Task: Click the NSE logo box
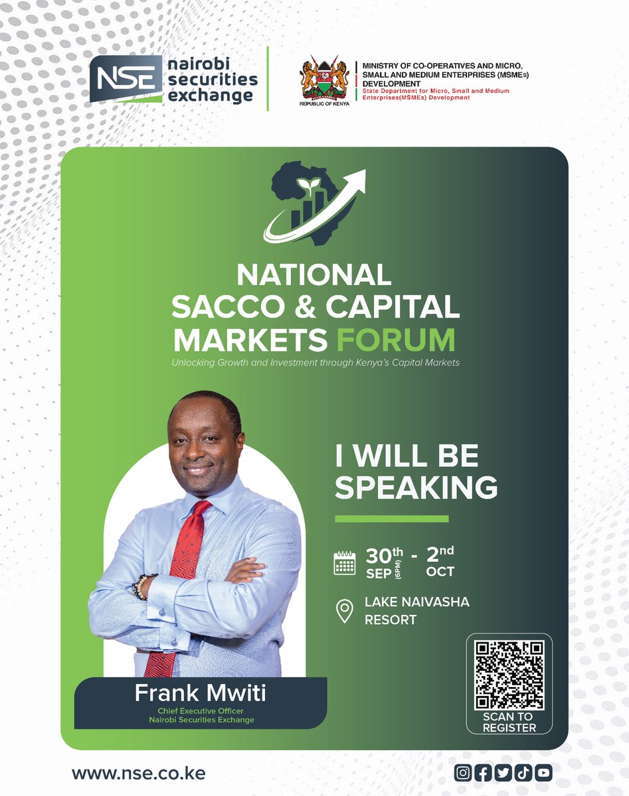coord(126,79)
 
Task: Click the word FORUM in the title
coord(396,340)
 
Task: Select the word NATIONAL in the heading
coord(314,275)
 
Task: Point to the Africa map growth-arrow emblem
coord(314,203)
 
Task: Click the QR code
coord(509,676)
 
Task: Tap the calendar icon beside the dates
coord(345,563)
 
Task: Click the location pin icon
coord(345,611)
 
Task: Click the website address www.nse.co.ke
coord(139,773)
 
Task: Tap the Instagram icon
coord(463,773)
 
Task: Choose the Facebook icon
coord(483,773)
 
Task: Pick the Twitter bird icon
coord(503,773)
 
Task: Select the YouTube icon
coord(543,773)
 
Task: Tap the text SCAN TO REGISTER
coord(509,722)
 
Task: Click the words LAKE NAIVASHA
coord(417,602)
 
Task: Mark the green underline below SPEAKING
coord(392,519)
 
